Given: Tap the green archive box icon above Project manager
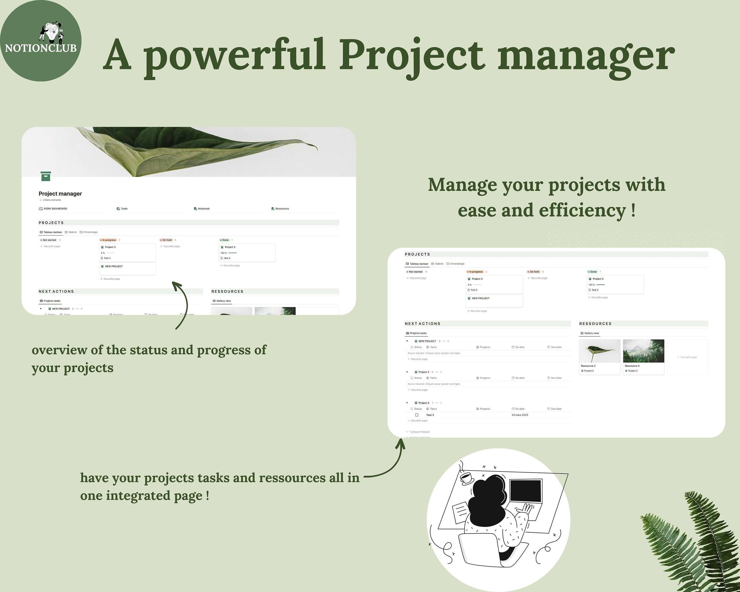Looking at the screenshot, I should click(46, 176).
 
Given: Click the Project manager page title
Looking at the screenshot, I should click(60, 194).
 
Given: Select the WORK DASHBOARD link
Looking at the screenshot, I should click(55, 209).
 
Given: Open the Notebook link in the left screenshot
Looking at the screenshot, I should click(203, 209).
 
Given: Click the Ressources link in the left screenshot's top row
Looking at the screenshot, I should click(281, 209).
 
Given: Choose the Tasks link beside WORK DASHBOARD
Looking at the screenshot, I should click(124, 209).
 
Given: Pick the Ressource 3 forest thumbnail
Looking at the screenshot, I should click(643, 351).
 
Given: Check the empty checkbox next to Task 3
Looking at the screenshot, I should click(417, 415).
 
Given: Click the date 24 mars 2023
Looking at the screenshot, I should click(520, 415).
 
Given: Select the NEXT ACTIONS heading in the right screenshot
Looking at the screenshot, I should click(422, 324).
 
